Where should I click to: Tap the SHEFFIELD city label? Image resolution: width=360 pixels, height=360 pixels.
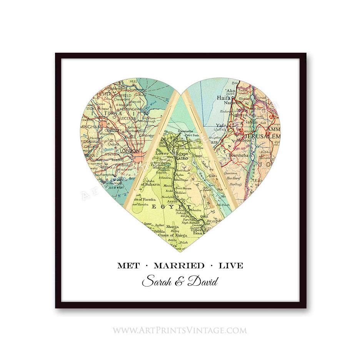tap(123, 95)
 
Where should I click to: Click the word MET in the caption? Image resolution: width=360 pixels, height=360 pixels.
tap(128, 266)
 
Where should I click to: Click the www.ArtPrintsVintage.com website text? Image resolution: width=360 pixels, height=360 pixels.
tap(180, 330)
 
